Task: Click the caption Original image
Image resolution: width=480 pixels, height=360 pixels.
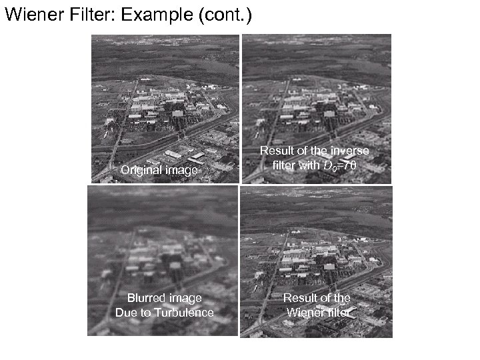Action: click(159, 171)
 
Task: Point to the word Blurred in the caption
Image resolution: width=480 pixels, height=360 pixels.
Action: click(146, 298)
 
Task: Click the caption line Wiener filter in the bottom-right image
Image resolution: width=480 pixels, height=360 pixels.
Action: click(318, 312)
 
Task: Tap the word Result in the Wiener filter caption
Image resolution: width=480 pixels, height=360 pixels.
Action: click(301, 298)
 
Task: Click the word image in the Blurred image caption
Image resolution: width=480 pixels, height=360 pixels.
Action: click(186, 298)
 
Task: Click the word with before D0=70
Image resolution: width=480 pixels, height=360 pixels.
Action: click(313, 165)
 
